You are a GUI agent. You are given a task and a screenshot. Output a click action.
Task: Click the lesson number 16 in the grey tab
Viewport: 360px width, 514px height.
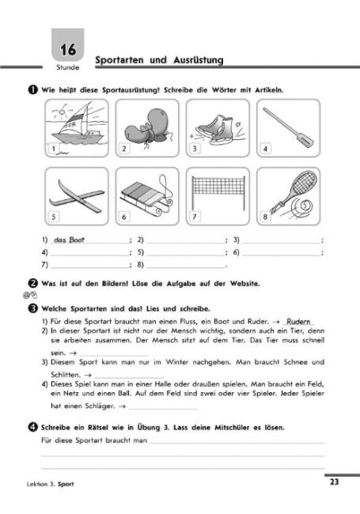[68, 50]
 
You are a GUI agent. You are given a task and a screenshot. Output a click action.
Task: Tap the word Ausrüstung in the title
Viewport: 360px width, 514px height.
[199, 60]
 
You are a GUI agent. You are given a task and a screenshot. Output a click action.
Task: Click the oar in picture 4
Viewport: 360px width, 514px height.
[288, 128]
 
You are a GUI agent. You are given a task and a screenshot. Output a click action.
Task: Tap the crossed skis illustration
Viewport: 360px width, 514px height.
[77, 195]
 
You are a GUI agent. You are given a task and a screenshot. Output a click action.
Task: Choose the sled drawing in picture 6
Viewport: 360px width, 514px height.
[147, 195]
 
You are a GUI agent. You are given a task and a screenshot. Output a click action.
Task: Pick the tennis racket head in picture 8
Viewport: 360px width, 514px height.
[304, 183]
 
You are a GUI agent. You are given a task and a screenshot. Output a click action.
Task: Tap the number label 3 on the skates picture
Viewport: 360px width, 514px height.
[195, 149]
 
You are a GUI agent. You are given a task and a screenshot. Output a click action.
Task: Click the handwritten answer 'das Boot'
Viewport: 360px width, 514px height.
[69, 240]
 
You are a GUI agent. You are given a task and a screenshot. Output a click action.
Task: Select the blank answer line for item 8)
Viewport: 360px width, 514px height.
[186, 267]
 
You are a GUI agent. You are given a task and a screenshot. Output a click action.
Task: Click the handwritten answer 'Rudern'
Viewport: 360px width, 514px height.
[298, 321]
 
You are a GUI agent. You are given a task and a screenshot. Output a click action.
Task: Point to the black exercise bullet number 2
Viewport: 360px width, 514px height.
[32, 283]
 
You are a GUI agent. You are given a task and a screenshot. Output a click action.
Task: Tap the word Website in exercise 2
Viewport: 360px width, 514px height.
[244, 284]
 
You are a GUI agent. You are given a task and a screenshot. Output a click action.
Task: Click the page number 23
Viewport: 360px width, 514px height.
[334, 482]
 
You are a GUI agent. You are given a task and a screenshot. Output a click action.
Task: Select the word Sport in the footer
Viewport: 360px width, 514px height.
[66, 484]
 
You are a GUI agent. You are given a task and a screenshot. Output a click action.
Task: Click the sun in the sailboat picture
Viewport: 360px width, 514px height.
[62, 112]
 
